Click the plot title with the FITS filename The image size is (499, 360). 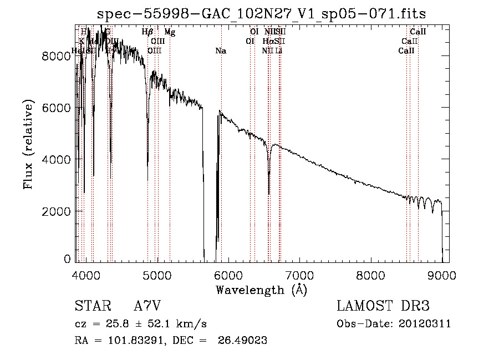click(x=261, y=14)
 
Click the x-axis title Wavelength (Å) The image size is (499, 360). click(x=261, y=290)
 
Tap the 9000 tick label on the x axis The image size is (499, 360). click(x=442, y=275)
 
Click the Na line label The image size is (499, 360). click(x=221, y=51)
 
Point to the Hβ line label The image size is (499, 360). click(x=147, y=33)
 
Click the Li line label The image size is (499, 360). click(x=279, y=51)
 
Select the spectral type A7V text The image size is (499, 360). click(x=147, y=306)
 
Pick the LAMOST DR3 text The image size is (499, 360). click(x=383, y=306)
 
